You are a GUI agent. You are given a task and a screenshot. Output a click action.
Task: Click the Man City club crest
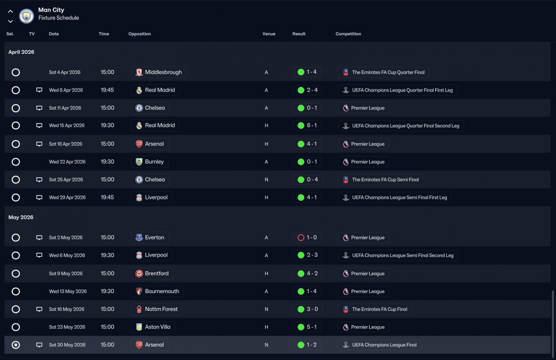(x=26, y=16)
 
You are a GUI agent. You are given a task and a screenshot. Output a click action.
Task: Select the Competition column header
(x=348, y=34)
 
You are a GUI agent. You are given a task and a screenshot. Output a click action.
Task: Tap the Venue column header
(x=269, y=34)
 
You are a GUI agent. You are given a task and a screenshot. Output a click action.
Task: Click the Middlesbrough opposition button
(x=159, y=72)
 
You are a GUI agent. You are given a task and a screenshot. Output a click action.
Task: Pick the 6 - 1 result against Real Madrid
(x=307, y=126)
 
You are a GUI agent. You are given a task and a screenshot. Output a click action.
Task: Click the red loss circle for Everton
(x=301, y=238)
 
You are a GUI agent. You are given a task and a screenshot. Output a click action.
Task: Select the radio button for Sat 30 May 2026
(x=16, y=345)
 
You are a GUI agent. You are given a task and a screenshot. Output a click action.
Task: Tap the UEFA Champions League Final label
(x=380, y=345)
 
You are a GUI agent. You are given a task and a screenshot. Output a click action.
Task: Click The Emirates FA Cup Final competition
(x=375, y=309)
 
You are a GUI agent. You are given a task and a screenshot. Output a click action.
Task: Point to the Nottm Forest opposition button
(x=157, y=309)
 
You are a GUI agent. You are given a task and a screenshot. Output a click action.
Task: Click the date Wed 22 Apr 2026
(x=67, y=162)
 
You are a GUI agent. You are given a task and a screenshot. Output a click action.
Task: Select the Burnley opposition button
(x=149, y=162)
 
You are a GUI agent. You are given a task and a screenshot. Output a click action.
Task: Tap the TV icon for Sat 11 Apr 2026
(x=39, y=108)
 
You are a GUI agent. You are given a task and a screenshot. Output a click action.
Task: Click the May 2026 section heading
(x=21, y=217)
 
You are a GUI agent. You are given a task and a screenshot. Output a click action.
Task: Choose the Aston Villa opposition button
(x=153, y=327)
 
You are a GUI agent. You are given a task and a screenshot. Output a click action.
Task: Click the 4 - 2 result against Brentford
(x=307, y=274)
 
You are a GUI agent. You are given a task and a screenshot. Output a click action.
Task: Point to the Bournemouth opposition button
(x=157, y=291)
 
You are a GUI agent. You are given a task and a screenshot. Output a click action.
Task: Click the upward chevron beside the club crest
(x=10, y=11)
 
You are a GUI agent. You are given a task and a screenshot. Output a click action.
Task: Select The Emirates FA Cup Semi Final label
(x=381, y=180)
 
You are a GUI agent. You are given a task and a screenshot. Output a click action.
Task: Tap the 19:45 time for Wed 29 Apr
(x=107, y=198)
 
